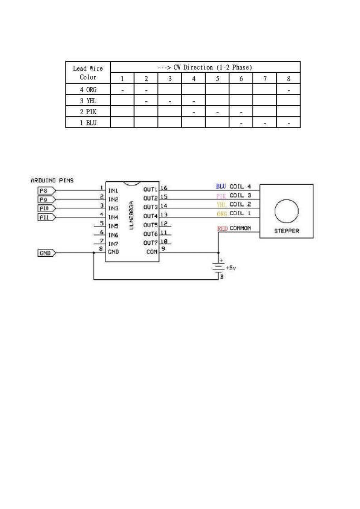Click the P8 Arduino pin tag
click(x=46, y=191)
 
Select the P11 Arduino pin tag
click(x=46, y=217)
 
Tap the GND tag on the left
click(x=46, y=253)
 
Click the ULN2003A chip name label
click(x=132, y=215)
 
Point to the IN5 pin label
click(x=113, y=226)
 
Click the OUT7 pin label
click(x=150, y=243)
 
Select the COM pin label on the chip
click(x=152, y=252)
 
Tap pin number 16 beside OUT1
click(x=164, y=188)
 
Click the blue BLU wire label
click(x=221, y=186)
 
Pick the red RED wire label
click(x=222, y=228)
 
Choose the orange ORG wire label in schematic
click(x=222, y=214)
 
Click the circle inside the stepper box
click(x=287, y=200)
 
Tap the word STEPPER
click(x=287, y=231)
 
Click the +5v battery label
click(x=231, y=268)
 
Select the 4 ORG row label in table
click(x=88, y=89)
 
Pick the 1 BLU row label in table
click(x=88, y=123)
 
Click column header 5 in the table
click(x=218, y=79)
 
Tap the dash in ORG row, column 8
click(x=288, y=90)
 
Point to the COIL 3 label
click(x=240, y=195)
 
